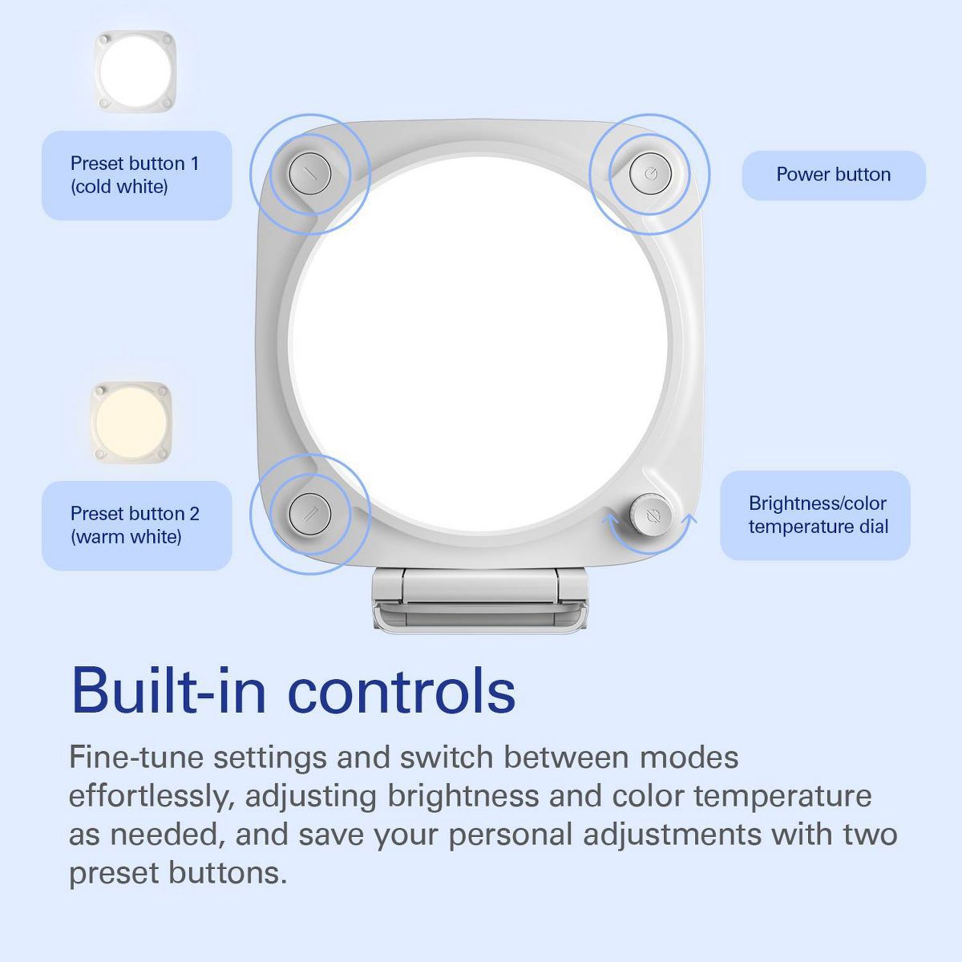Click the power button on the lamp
click(x=650, y=174)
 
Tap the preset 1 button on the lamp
click(x=310, y=174)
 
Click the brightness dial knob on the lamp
click(x=650, y=514)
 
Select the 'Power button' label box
click(x=833, y=176)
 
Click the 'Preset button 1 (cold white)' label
click(x=137, y=176)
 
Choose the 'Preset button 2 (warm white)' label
click(x=137, y=526)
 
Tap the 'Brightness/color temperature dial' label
click(x=815, y=515)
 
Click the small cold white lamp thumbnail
click(x=135, y=71)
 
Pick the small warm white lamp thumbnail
click(x=131, y=422)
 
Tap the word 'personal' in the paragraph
click(x=510, y=835)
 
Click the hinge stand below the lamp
click(x=479, y=600)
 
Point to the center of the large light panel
click(x=479, y=345)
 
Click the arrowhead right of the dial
click(x=689, y=519)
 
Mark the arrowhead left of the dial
click(x=609, y=520)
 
